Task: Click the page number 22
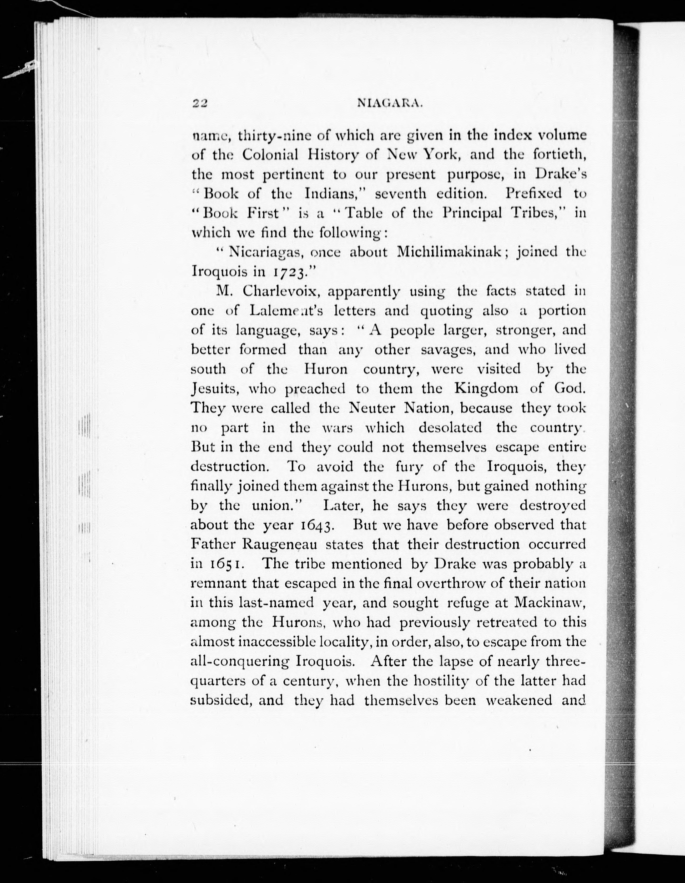tap(200, 104)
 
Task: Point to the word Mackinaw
tap(550, 603)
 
